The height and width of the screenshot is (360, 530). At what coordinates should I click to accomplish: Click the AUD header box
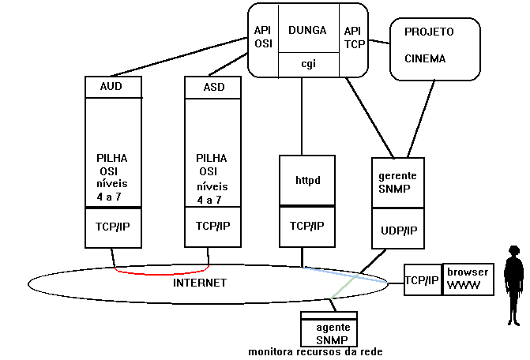(x=114, y=87)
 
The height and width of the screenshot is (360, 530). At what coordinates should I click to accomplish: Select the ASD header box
(x=212, y=87)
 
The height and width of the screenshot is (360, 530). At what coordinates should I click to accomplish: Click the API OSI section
(x=263, y=37)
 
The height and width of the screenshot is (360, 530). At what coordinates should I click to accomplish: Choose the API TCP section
(x=353, y=37)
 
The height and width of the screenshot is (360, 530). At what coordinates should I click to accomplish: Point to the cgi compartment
(x=308, y=65)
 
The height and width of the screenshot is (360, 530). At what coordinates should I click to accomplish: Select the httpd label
(x=307, y=181)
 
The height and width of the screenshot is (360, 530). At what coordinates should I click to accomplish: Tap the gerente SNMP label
(x=397, y=181)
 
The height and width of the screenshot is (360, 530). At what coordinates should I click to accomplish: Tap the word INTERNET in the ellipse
(x=200, y=283)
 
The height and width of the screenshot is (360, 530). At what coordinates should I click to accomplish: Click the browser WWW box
(x=468, y=279)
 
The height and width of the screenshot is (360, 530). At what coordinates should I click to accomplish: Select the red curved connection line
(x=161, y=272)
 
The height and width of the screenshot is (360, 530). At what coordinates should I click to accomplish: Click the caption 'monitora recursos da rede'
(x=315, y=352)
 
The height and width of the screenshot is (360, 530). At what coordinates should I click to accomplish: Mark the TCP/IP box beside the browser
(x=422, y=279)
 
